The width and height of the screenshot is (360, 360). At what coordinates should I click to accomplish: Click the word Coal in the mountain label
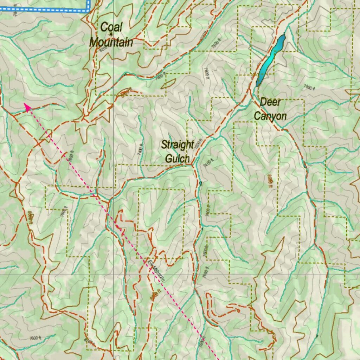(x=111, y=27)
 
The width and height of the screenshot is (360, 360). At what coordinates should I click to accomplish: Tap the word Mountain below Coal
(x=111, y=43)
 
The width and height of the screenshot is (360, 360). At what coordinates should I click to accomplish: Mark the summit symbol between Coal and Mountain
(x=111, y=34)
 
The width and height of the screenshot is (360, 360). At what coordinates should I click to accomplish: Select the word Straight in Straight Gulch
(x=178, y=144)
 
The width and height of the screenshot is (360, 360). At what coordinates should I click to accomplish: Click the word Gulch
(x=178, y=159)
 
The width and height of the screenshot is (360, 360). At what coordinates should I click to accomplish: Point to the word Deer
(x=270, y=102)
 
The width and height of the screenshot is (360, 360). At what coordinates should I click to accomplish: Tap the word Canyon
(x=270, y=116)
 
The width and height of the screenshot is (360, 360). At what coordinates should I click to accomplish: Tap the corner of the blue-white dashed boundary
(x=88, y=10)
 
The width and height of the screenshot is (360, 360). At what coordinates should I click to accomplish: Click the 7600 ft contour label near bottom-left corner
(x=35, y=338)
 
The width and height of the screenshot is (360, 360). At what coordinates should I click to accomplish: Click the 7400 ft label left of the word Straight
(x=140, y=150)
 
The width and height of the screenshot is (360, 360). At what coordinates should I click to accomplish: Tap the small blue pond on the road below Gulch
(x=200, y=183)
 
